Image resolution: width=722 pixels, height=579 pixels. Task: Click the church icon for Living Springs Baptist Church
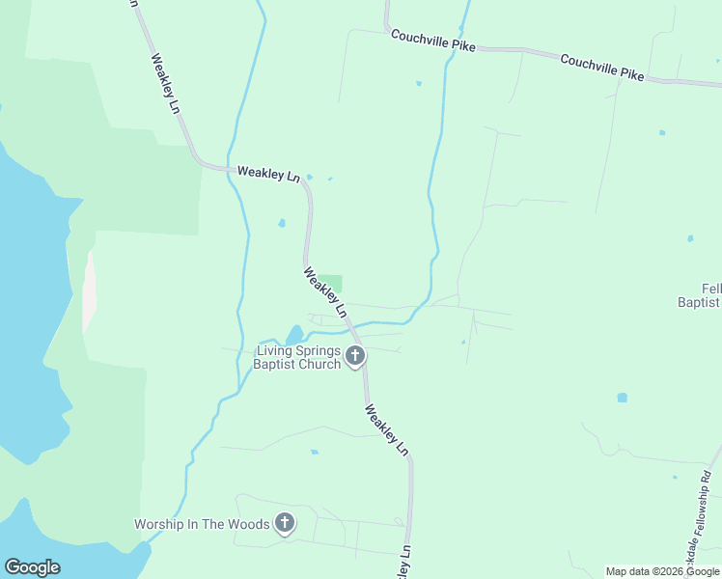click(355, 357)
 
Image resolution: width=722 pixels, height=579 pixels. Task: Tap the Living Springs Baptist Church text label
click(297, 358)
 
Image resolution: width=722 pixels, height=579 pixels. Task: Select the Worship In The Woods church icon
click(285, 524)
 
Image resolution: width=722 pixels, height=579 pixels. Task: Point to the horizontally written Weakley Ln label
click(268, 174)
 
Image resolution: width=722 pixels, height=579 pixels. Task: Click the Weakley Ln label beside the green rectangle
click(324, 292)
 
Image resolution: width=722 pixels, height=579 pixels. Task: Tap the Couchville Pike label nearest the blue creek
click(433, 41)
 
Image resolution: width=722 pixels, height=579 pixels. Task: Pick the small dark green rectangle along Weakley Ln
click(330, 284)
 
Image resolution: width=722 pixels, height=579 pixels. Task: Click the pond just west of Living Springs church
click(293, 335)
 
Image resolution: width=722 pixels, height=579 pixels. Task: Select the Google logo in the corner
click(32, 567)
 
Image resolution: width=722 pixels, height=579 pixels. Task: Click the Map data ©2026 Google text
click(663, 571)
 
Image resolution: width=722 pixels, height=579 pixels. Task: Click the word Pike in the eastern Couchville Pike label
click(631, 74)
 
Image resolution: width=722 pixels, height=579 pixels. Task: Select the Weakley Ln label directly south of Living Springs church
click(387, 429)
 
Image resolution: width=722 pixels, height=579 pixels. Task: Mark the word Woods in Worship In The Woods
click(249, 525)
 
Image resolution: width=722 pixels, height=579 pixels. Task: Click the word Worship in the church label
click(158, 525)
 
